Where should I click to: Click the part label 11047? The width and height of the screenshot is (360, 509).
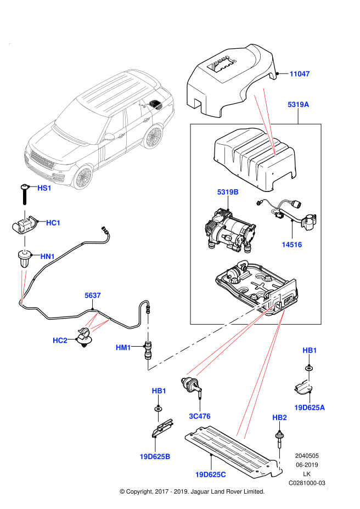[300, 74]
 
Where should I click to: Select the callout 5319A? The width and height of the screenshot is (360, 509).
[298, 105]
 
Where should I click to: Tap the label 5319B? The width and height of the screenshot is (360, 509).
[228, 192]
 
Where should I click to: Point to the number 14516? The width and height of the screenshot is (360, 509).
[291, 245]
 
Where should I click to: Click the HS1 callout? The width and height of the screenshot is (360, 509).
[44, 188]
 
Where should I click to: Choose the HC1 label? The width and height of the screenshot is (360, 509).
[53, 223]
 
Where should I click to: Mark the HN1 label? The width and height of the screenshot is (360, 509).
[48, 256]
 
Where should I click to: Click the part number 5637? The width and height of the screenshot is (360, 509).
[93, 296]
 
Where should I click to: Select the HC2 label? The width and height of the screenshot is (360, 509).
[60, 341]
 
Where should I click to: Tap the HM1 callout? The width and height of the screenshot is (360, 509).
[123, 348]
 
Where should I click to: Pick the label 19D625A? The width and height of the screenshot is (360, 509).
[310, 408]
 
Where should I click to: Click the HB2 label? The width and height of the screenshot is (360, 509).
[280, 418]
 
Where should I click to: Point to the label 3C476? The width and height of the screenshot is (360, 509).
[200, 416]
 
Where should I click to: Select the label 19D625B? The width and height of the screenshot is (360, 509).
[155, 456]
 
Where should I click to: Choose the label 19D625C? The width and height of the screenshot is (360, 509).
[210, 474]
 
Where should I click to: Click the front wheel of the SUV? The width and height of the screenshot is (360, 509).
[83, 177]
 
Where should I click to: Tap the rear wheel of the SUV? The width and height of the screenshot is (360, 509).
[154, 137]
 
